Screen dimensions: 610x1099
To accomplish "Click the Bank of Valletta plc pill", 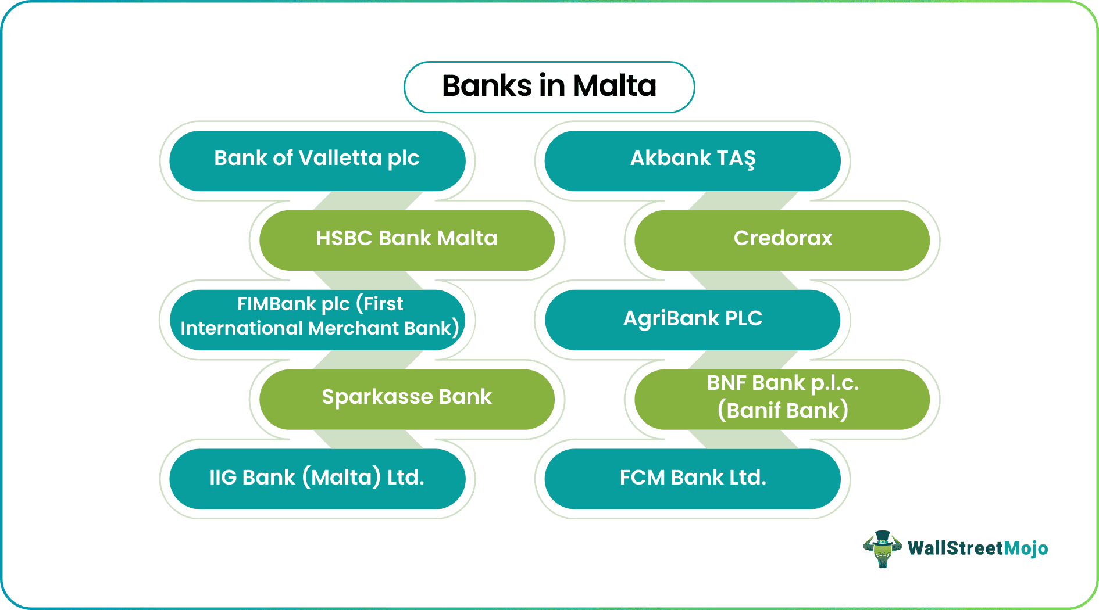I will tap(317, 160).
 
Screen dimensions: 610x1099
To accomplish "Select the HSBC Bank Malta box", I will tap(407, 240).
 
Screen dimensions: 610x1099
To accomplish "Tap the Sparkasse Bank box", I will tap(407, 399).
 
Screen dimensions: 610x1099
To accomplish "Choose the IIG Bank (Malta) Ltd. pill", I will tap(317, 479).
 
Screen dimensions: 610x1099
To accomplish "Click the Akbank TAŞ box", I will tap(692, 160).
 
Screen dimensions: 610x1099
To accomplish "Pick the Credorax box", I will tap(782, 240).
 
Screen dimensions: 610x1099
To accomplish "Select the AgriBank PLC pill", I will tap(692, 320).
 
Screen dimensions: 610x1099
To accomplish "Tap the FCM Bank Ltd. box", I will tap(692, 479).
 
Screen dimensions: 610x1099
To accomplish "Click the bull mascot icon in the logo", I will tap(882, 548).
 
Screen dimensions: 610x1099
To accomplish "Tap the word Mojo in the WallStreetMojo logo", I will tap(1026, 548).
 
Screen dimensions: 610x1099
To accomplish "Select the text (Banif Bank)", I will tap(783, 411).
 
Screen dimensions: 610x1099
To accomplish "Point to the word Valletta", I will tap(340, 158).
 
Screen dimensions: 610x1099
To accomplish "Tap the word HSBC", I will tap(344, 238).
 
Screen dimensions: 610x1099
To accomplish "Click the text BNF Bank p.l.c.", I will tap(783, 383).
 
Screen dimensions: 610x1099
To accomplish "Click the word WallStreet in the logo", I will tap(955, 548).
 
